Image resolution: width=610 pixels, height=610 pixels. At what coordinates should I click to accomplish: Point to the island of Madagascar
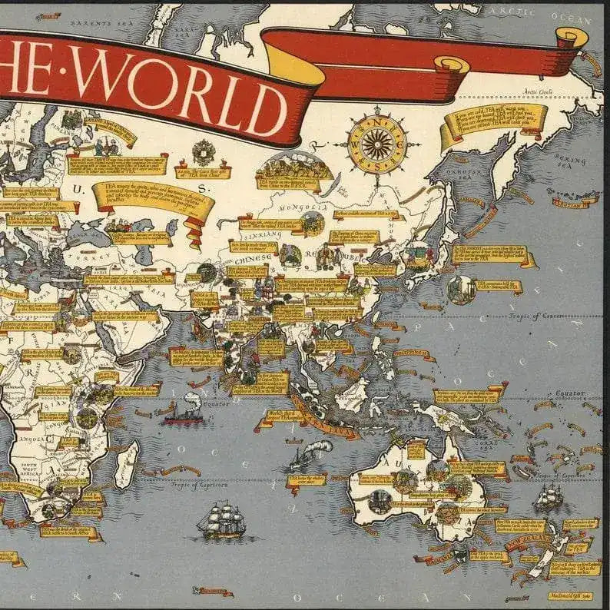pos(126,465)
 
